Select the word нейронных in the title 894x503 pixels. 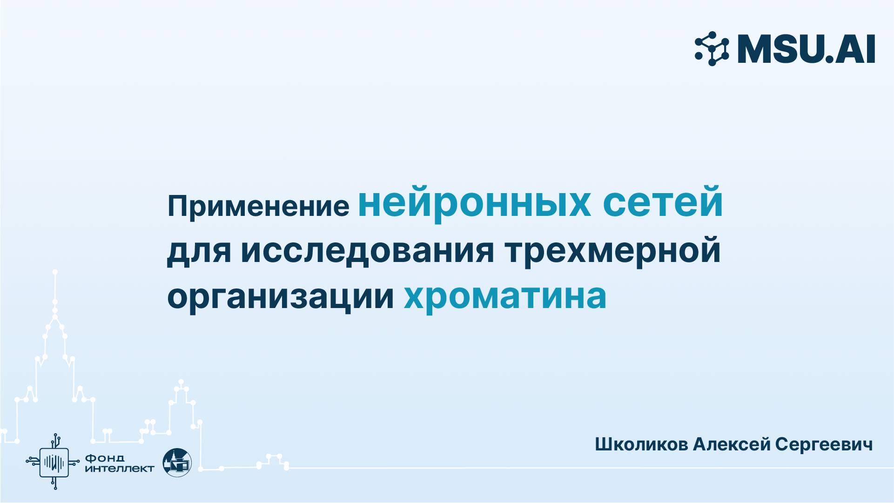[474, 202]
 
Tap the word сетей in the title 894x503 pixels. [663, 202]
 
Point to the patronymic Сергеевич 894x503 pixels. [824, 444]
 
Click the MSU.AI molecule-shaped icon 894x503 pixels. [712, 48]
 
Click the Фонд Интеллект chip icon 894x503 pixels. [54, 462]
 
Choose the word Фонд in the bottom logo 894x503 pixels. [105, 458]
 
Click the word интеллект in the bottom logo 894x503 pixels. [120, 469]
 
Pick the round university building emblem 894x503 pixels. [177, 462]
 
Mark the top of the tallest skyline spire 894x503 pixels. [55, 272]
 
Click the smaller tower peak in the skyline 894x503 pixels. [181, 382]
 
